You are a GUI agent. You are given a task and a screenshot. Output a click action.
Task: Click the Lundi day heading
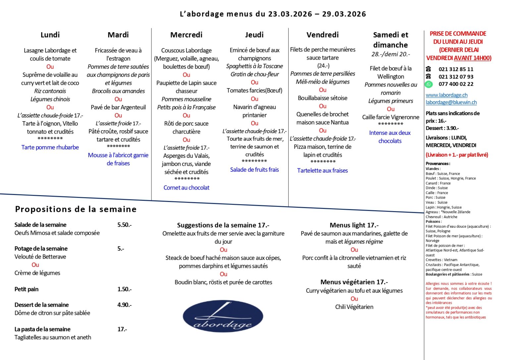50,35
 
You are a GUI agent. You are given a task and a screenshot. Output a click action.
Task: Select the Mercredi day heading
186,35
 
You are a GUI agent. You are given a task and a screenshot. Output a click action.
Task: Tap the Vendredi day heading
322,35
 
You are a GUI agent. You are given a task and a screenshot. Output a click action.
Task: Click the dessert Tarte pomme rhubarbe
50,147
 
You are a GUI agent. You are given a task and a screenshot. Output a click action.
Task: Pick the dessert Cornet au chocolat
186,188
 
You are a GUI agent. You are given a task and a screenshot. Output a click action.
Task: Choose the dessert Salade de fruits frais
254,170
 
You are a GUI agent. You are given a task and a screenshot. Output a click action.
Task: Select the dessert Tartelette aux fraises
322,170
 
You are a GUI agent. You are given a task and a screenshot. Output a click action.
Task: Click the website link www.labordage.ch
446,95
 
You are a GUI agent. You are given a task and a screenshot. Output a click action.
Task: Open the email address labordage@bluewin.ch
451,102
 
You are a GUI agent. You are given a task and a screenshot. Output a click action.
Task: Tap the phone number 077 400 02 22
456,84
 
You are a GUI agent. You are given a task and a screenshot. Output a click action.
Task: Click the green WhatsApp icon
429,84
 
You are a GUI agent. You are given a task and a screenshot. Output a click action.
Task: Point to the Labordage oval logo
223,316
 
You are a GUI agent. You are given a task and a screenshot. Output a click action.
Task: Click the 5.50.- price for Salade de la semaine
124,225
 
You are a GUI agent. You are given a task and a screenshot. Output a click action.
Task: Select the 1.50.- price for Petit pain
124,289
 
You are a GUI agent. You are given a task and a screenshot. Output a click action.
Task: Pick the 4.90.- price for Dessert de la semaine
124,305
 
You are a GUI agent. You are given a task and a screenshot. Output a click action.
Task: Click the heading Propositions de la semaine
76,209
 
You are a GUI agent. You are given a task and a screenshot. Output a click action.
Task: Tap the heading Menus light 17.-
354,225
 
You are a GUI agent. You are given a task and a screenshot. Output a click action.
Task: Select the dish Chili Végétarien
354,307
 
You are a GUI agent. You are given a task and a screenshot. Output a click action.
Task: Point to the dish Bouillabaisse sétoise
322,98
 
